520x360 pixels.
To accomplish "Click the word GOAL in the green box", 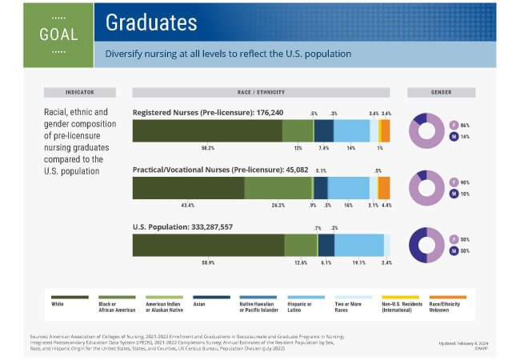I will [58, 34].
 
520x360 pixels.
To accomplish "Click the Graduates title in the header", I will [151, 22].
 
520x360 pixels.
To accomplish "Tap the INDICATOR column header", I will [79, 92].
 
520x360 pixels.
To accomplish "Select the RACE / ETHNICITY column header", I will [262, 92].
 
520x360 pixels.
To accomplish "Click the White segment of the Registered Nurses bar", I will [207, 130].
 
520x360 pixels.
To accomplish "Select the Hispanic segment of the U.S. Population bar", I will [359, 245].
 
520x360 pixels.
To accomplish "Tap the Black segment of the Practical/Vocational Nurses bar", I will [278, 188].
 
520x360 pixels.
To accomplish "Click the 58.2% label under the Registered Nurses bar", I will [208, 148].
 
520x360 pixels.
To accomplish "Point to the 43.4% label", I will [188, 206].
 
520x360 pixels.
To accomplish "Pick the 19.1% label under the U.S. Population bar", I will [359, 262].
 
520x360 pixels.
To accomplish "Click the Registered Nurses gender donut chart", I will [426, 130].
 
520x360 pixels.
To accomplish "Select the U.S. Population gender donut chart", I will [426, 245].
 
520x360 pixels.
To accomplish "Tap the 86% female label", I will [464, 125].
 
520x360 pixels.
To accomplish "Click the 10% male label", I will [464, 194].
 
